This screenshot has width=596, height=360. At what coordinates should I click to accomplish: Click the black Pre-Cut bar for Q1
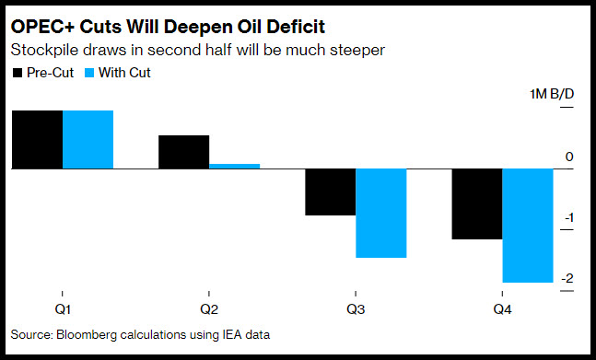37,139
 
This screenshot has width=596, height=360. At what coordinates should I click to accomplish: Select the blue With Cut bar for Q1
88,139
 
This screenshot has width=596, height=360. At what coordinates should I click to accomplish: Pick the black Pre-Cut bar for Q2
183,152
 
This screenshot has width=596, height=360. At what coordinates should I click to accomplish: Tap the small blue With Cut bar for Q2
235,167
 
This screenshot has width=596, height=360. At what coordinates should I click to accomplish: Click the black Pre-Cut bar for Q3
331,192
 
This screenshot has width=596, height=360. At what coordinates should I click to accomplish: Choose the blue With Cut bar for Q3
381,213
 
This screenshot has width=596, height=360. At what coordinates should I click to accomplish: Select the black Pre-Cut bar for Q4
477,203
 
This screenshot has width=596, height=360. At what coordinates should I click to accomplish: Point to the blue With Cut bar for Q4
528,226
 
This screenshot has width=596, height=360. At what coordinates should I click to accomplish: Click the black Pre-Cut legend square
18,73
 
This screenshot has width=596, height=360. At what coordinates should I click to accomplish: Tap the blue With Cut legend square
89,73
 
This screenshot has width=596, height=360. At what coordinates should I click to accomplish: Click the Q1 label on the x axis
63,310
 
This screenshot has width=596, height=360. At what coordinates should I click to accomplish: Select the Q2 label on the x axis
209,310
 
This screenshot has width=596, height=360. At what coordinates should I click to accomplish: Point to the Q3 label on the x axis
356,310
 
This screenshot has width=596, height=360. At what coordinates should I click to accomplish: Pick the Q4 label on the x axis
502,310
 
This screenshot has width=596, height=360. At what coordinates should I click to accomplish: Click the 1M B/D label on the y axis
552,94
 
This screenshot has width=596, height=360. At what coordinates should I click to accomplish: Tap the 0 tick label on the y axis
569,157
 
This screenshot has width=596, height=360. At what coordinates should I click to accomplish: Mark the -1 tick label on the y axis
567,218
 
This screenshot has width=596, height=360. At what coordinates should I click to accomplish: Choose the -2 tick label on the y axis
567,278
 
